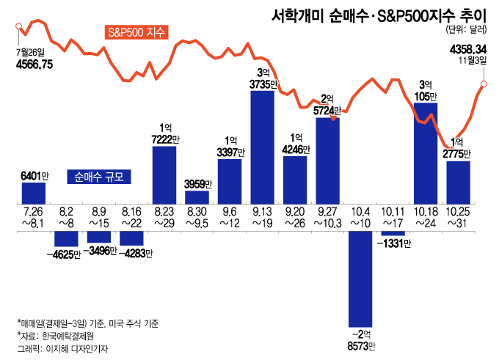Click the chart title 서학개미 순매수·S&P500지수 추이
click(x=379, y=13)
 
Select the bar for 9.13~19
click(x=262, y=147)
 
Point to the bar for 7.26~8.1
click(x=34, y=193)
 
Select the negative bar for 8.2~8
click(x=67, y=239)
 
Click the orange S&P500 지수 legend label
click(x=137, y=32)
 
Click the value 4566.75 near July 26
click(x=34, y=65)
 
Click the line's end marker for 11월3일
click(x=485, y=84)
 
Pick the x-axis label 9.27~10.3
click(x=328, y=216)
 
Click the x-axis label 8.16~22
click(x=132, y=216)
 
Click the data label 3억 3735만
click(x=263, y=78)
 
